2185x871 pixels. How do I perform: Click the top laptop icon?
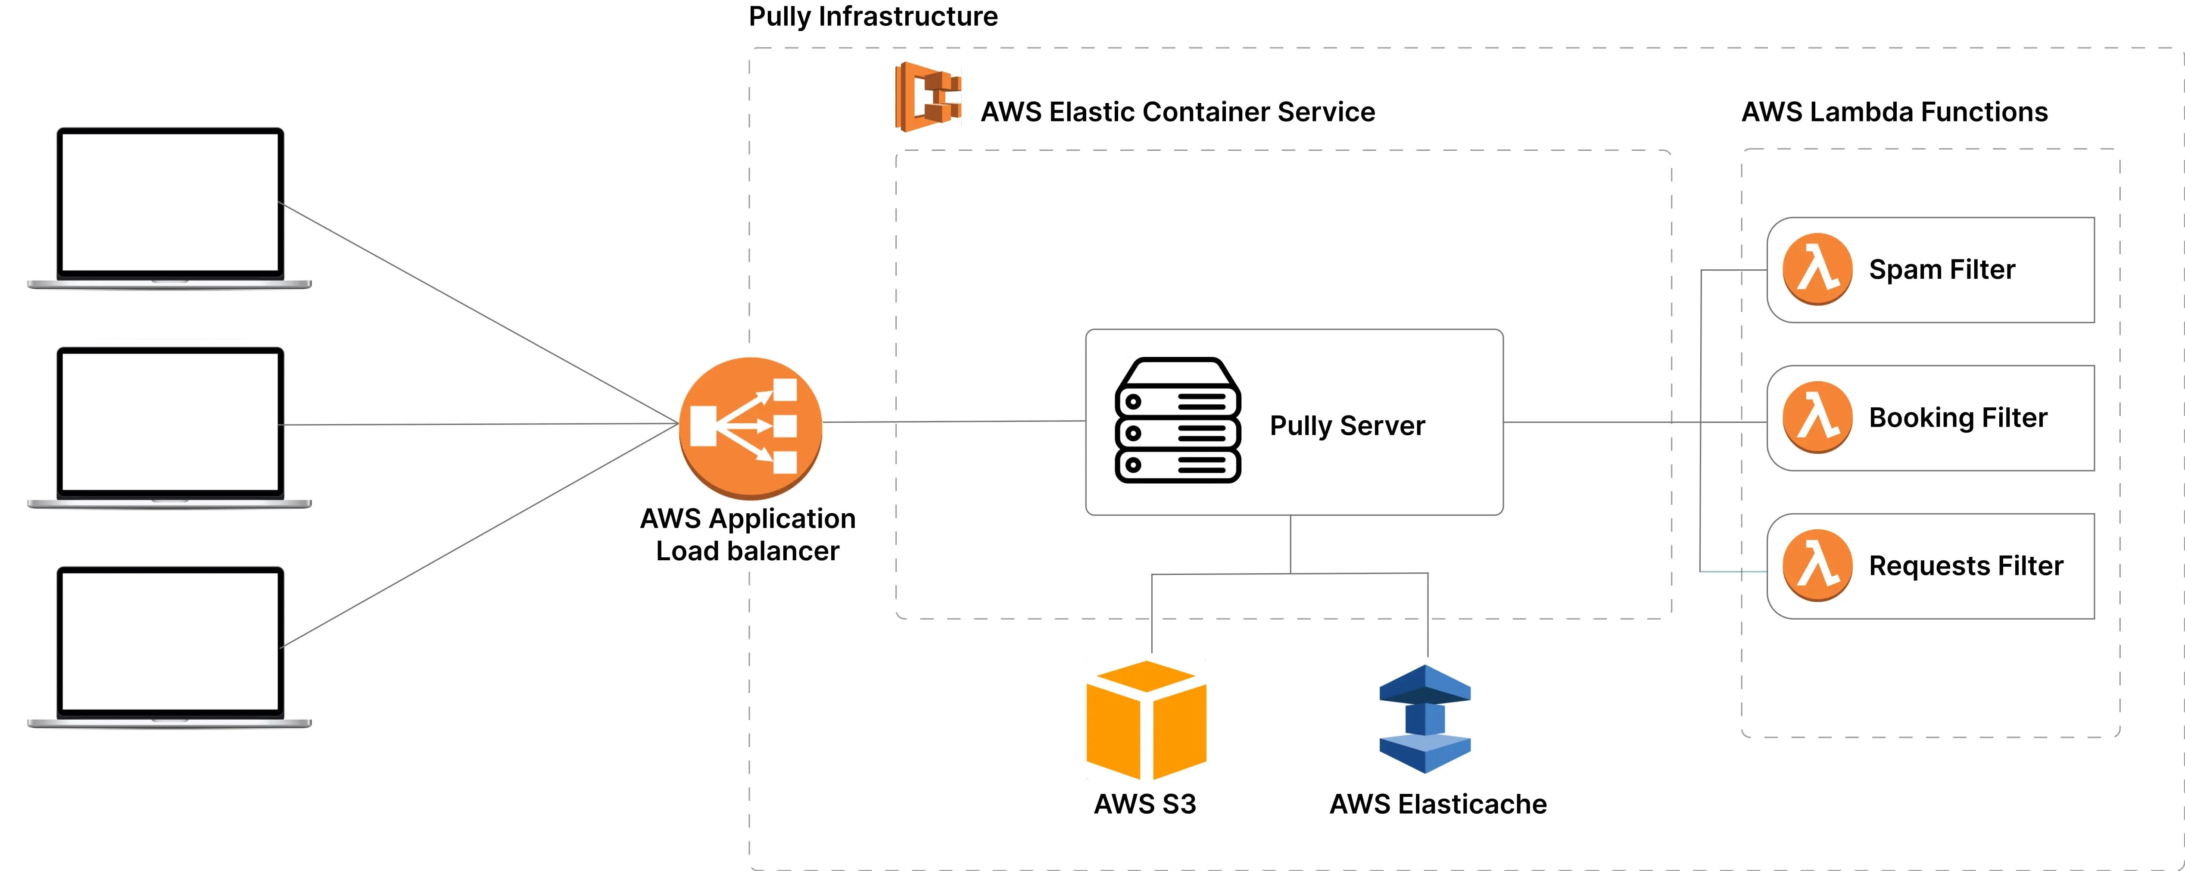pyautogui.click(x=170, y=208)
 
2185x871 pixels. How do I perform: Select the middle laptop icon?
pyautogui.click(x=170, y=427)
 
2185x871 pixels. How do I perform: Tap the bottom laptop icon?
pyautogui.click(x=170, y=646)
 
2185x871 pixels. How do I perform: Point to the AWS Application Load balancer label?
pyautogui.click(x=747, y=534)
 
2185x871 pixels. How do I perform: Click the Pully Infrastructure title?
pyautogui.click(x=873, y=16)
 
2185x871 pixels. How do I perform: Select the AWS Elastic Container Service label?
pyautogui.click(x=1177, y=112)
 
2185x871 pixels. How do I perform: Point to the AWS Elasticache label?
pyautogui.click(x=1438, y=803)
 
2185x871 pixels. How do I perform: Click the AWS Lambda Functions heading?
pyautogui.click(x=1894, y=112)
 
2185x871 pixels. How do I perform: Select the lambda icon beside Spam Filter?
pyautogui.click(x=1817, y=269)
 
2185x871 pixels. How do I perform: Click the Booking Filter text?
pyautogui.click(x=1957, y=417)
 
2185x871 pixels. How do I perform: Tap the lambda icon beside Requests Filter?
pyautogui.click(x=1817, y=565)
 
